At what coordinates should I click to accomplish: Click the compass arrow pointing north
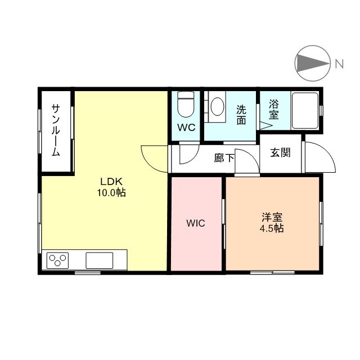pyautogui.click(x=312, y=63)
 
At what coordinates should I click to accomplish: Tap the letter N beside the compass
pyautogui.click(x=339, y=64)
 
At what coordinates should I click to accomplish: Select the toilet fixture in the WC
pyautogui.click(x=186, y=105)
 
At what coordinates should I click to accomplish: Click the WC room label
pyautogui.click(x=186, y=128)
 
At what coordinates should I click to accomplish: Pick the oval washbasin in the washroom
pyautogui.click(x=217, y=106)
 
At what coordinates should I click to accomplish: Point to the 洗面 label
pyautogui.click(x=241, y=115)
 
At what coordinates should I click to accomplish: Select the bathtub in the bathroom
pyautogui.click(x=305, y=111)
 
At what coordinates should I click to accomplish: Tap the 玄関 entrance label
pyautogui.click(x=280, y=152)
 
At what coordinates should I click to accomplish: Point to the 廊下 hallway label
pyautogui.click(x=224, y=158)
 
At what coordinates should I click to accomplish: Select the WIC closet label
pyautogui.click(x=196, y=223)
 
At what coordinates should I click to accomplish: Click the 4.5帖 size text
pyautogui.click(x=272, y=228)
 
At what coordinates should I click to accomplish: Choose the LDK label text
pyautogui.click(x=111, y=182)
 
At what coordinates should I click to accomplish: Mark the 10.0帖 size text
pyautogui.click(x=111, y=192)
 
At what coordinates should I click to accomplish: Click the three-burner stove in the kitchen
pyautogui.click(x=57, y=260)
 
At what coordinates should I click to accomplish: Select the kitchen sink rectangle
pyautogui.click(x=100, y=260)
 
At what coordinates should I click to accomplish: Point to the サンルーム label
pyautogui.click(x=56, y=130)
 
